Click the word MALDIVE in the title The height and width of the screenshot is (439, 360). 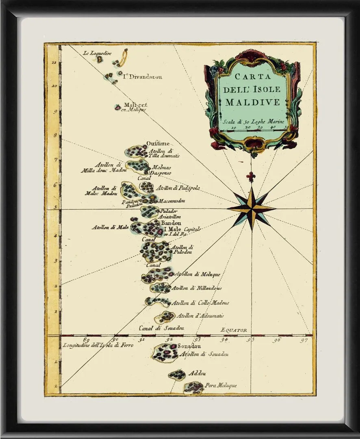pos(253,102)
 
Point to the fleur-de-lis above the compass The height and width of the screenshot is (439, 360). pos(251,177)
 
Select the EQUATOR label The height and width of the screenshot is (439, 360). pos(234,330)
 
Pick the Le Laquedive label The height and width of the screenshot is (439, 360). pos(98,53)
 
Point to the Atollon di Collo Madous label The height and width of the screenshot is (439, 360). pos(201,302)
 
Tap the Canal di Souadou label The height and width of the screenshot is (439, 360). pos(162,328)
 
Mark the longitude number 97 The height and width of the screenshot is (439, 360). pos(304,340)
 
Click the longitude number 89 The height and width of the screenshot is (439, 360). pos(86,340)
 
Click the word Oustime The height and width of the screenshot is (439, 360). pos(158,143)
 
